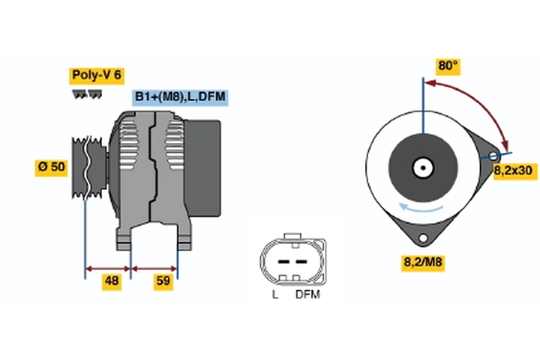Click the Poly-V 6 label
coord(94,76)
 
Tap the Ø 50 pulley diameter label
coord(50,167)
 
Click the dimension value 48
coord(112,282)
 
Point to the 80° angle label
coord(447,66)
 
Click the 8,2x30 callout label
coord(514,169)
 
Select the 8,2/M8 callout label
coord(420,263)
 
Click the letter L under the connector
coord(274,294)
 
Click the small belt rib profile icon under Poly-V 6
coord(86,94)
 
